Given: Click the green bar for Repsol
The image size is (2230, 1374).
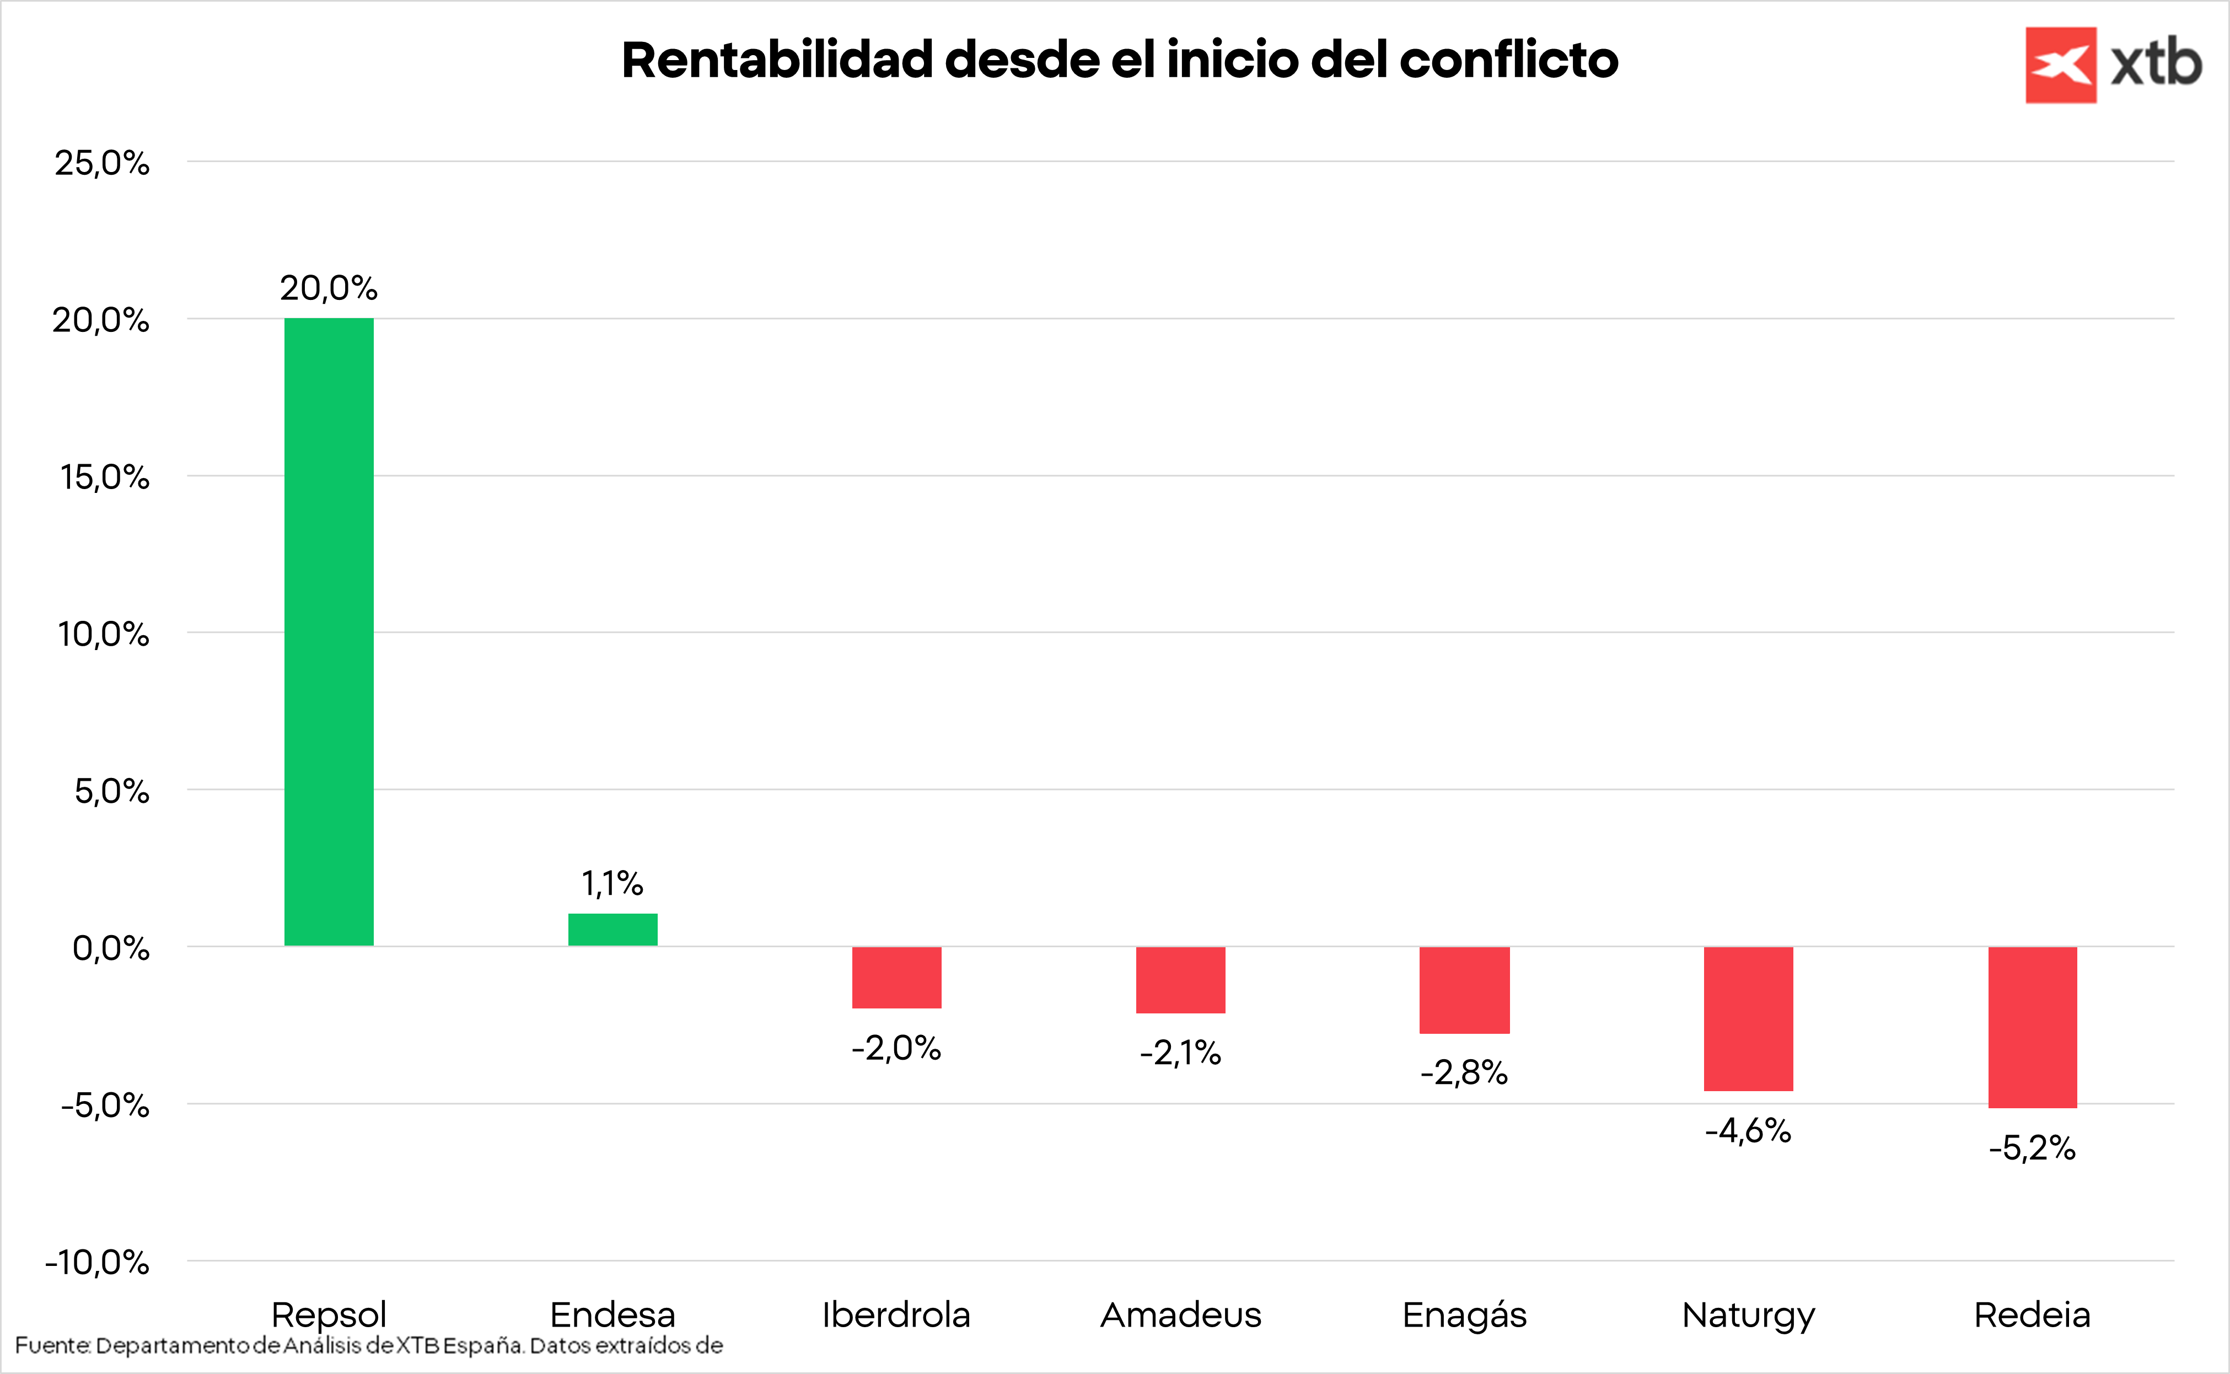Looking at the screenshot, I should (329, 631).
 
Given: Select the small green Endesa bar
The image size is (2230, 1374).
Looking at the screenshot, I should (612, 930).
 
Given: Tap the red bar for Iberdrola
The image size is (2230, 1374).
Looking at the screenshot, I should (896, 978).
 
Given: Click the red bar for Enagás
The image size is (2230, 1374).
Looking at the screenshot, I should (1464, 990).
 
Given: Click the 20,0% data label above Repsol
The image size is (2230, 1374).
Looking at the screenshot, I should (328, 288).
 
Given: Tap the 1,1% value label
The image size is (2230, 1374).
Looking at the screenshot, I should (612, 883).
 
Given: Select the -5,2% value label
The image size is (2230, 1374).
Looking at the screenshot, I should (2032, 1148).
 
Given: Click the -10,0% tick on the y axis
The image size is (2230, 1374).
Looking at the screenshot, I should (97, 1262).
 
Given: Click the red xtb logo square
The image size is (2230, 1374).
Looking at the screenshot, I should (2060, 65).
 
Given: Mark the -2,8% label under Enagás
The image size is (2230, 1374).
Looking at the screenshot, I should (1464, 1073).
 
